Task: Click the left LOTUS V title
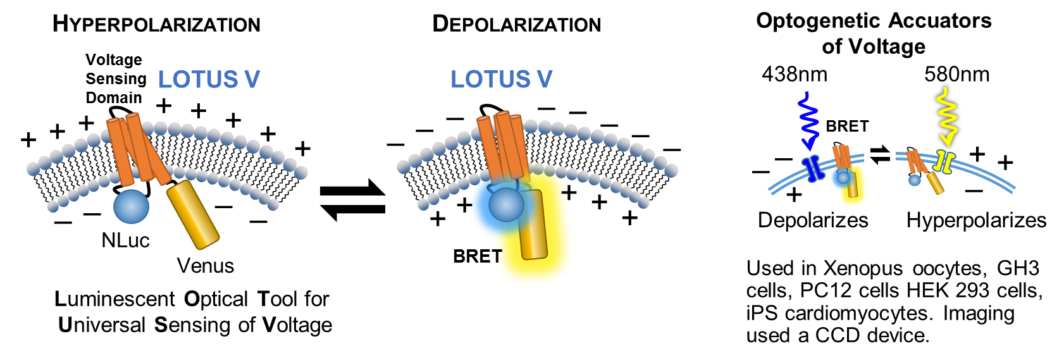(209, 80)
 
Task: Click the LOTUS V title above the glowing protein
(501, 80)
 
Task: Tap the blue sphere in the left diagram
(131, 206)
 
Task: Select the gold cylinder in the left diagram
(193, 214)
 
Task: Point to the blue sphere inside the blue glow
(506, 204)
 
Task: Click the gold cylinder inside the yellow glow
(534, 224)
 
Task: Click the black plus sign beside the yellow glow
(569, 192)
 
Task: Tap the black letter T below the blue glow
(497, 256)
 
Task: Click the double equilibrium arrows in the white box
(879, 155)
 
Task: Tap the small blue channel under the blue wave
(810, 168)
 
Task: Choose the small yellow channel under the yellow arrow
(944, 162)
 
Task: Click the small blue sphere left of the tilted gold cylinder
(915, 180)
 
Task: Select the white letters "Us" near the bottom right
(756, 268)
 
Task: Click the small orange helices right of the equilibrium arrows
(914, 161)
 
